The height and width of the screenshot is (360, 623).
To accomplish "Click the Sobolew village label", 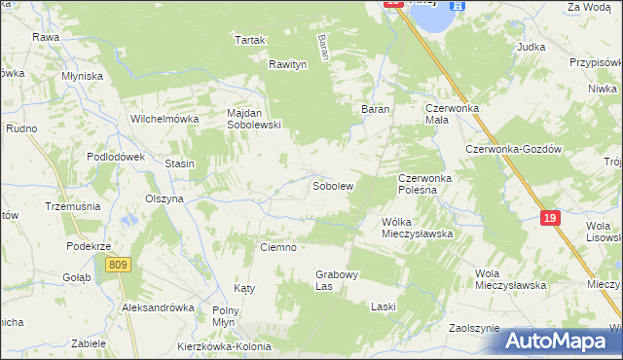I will click(332, 185).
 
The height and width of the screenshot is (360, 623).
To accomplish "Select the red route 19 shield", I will click(550, 219).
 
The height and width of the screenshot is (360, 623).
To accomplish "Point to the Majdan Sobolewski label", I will click(254, 119).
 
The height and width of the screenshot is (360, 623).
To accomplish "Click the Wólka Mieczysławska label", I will click(418, 228).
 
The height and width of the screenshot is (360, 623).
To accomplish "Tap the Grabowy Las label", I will click(338, 280).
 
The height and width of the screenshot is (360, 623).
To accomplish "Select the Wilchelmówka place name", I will click(165, 119).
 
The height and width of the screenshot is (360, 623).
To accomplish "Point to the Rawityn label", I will click(288, 64).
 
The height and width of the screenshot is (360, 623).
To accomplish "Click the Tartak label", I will click(249, 40).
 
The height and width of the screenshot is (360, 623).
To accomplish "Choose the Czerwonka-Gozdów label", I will click(515, 149).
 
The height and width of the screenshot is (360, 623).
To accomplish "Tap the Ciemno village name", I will click(277, 247).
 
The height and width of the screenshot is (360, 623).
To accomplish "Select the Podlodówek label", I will click(116, 157).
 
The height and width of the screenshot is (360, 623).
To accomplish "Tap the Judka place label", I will click(531, 46).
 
